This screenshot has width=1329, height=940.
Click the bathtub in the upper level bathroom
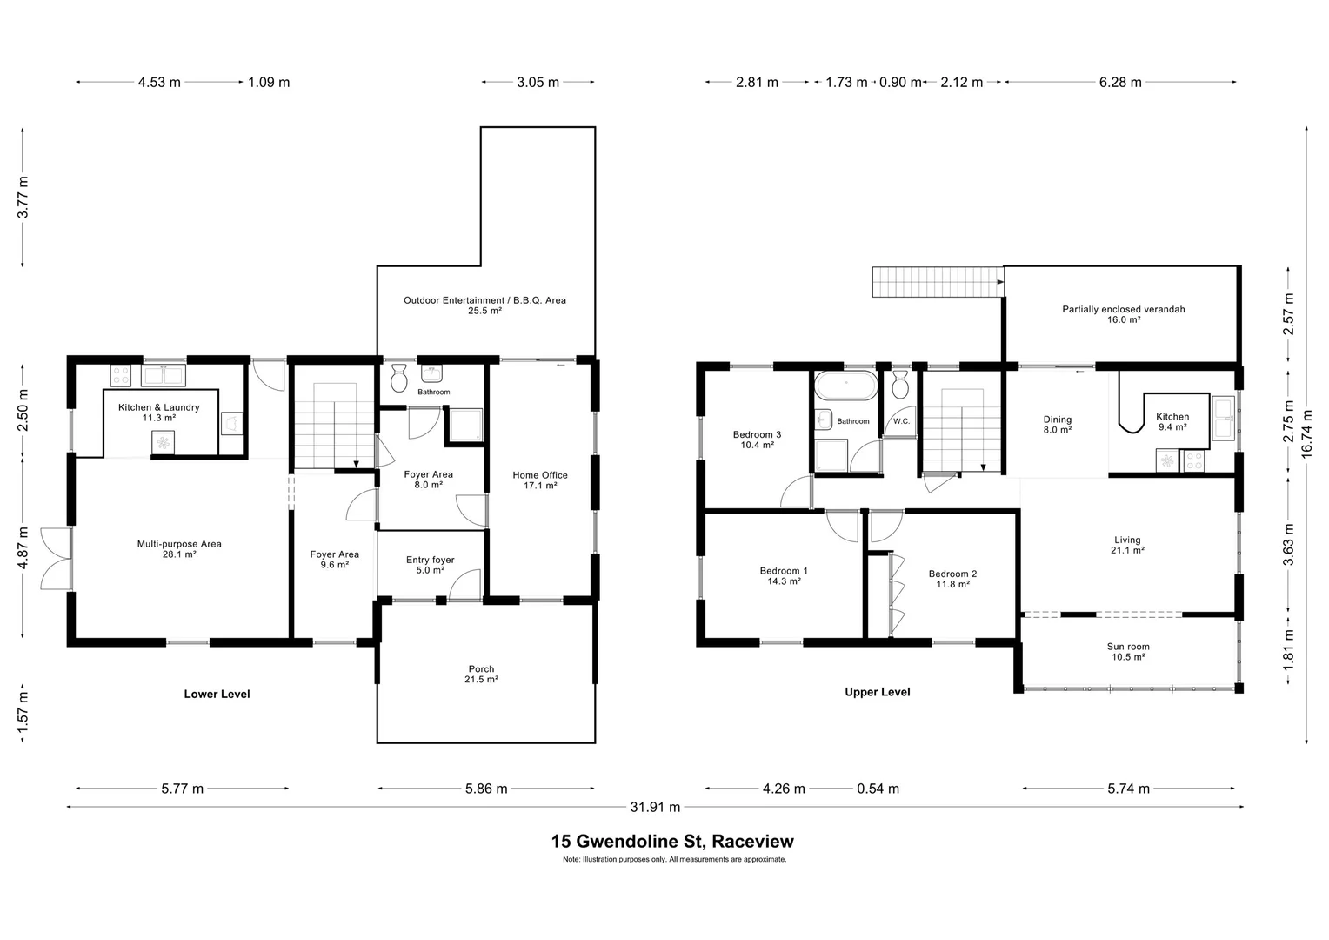[845, 386]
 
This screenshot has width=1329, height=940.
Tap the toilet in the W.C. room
[900, 384]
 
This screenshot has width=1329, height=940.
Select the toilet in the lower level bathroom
[399, 378]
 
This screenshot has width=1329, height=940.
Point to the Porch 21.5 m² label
[481, 675]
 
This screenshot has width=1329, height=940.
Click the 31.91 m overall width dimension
[654, 807]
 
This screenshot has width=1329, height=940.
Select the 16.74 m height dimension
[1306, 433]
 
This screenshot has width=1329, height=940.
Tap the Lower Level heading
[217, 694]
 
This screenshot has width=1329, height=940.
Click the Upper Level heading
[878, 692]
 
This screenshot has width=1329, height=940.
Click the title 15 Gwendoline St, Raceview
[672, 842]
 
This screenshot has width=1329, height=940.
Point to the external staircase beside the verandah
[935, 282]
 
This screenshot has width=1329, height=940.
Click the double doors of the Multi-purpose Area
[56, 559]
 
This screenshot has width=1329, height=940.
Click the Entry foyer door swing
[466, 584]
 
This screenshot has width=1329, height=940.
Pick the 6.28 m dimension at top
[1119, 82]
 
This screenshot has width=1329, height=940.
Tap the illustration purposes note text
[674, 859]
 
